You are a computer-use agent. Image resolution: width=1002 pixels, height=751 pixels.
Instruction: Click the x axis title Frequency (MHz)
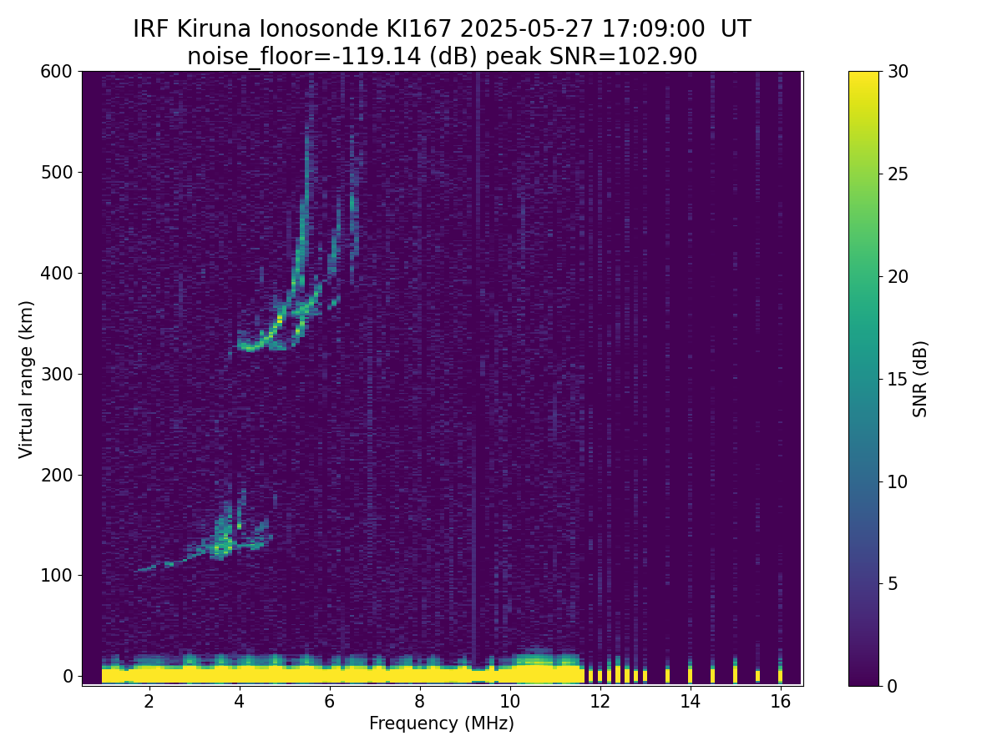click(x=442, y=723)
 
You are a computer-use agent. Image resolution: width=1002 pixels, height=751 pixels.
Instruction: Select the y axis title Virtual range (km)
click(x=27, y=379)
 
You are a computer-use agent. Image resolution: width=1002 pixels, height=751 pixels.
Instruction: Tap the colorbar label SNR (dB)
click(x=920, y=379)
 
